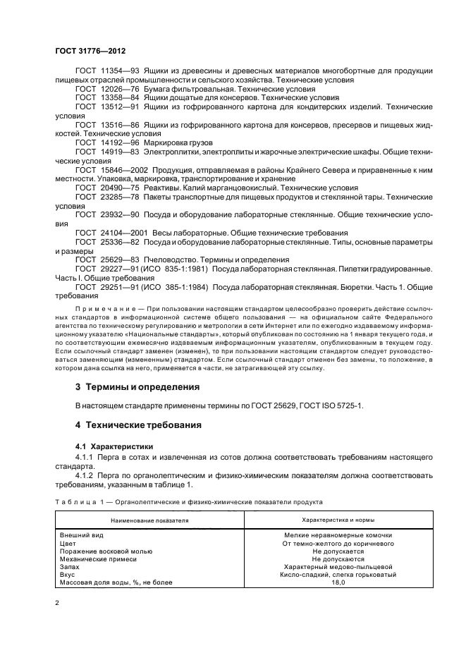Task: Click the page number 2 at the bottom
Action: tap(57, 602)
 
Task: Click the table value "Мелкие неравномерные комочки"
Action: tap(338, 535)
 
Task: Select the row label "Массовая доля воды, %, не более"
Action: tap(116, 582)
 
